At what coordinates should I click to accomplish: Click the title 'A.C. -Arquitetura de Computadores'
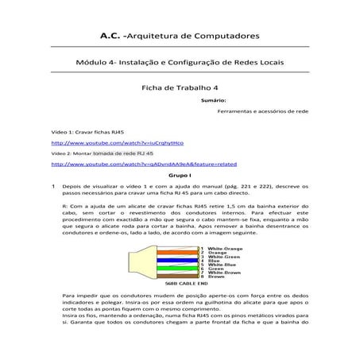coord(180,36)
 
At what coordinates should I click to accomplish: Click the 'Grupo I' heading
coord(180,173)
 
